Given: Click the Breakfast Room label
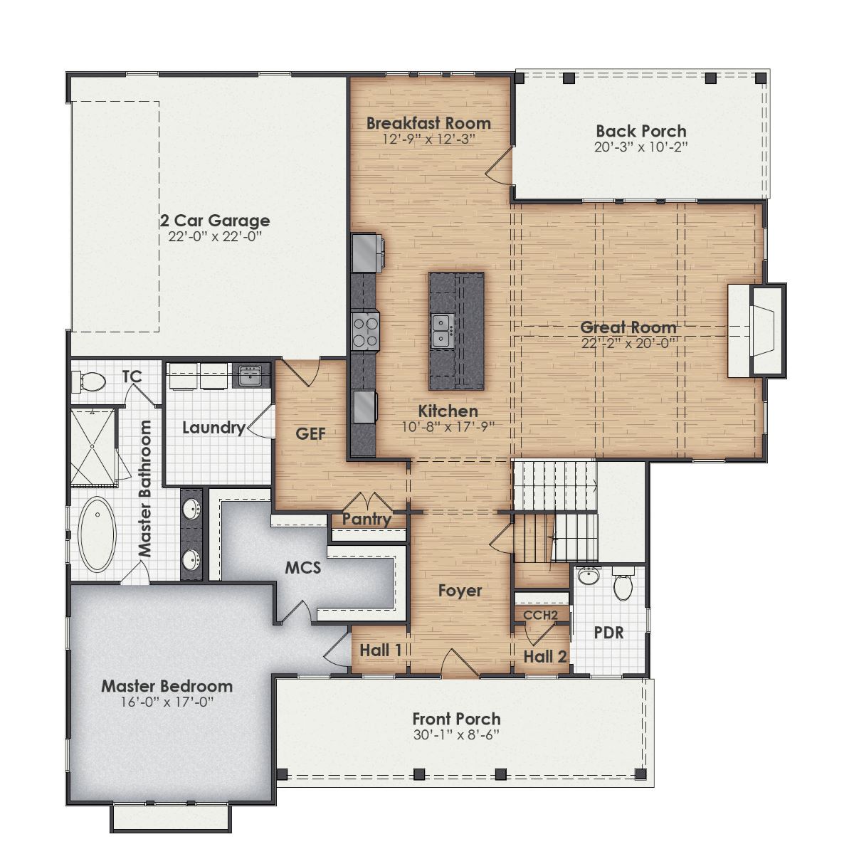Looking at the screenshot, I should click(428, 123).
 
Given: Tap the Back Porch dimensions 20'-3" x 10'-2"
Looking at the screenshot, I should click(640, 147).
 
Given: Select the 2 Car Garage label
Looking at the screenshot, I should click(215, 221).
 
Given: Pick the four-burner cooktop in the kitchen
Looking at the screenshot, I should click(366, 332).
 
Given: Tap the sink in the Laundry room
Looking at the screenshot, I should click(250, 376).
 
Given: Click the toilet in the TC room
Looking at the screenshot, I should click(90, 383).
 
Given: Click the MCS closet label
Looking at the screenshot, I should click(303, 568).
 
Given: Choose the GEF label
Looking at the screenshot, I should click(310, 433).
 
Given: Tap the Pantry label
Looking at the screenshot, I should click(367, 520).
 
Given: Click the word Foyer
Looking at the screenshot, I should click(460, 591).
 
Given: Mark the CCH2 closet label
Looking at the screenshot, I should click(540, 615).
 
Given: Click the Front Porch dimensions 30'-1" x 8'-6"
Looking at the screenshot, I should click(456, 735).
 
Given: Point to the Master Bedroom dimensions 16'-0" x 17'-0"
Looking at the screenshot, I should click(167, 702).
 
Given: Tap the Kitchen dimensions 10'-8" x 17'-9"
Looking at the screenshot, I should click(448, 426).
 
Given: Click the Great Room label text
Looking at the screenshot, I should click(628, 327).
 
